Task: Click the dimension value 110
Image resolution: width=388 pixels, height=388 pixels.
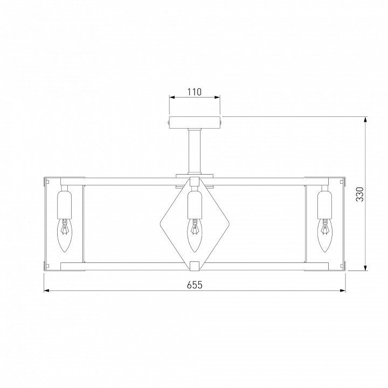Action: [195, 92]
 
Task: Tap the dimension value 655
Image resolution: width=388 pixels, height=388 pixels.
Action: [195, 285]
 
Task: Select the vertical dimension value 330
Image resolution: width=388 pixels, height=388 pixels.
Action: [360, 194]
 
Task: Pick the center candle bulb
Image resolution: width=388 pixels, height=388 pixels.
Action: [195, 235]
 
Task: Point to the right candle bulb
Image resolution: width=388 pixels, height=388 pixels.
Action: [324, 235]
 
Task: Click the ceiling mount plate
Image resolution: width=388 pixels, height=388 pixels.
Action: [195, 122]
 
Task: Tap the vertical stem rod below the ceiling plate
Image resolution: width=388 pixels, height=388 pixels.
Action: [195, 151]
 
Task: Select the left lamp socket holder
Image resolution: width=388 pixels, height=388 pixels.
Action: [64, 205]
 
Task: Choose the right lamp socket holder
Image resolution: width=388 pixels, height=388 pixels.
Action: [324, 205]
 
